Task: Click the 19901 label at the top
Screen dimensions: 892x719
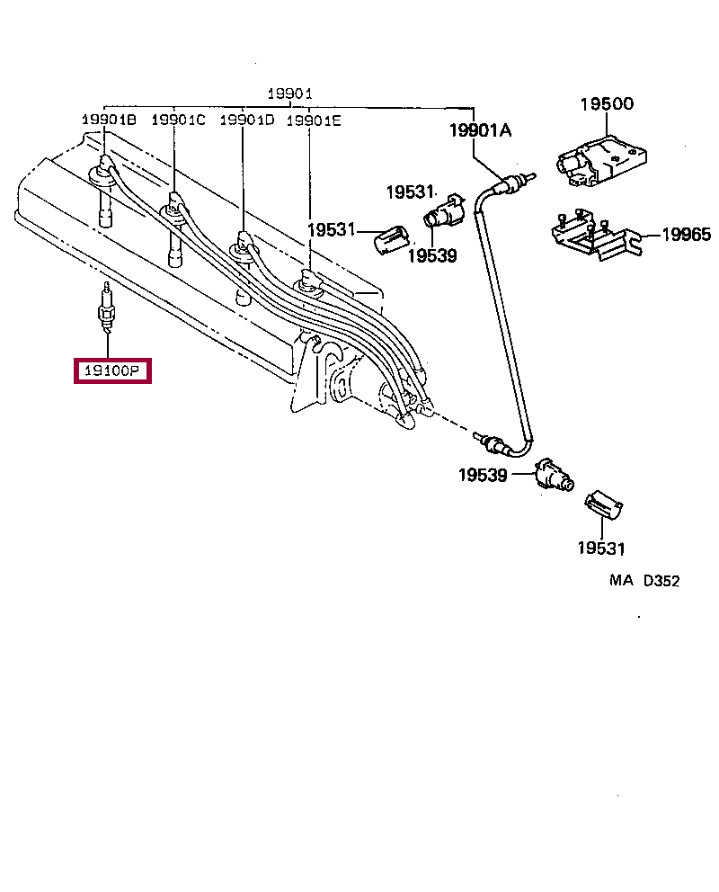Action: (x=289, y=94)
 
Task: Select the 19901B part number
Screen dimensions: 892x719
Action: (x=109, y=120)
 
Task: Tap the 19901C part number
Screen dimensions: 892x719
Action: (x=178, y=120)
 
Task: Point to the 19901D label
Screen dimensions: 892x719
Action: (x=247, y=120)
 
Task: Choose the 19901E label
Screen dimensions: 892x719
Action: (x=314, y=120)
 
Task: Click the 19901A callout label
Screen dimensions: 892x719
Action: (x=481, y=131)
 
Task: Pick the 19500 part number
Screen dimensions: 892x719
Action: (x=606, y=103)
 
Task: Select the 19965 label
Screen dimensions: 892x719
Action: (x=686, y=236)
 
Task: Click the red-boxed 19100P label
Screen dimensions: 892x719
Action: (x=112, y=370)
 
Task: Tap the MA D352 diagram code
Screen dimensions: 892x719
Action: (x=644, y=581)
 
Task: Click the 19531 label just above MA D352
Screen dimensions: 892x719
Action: (x=600, y=548)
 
